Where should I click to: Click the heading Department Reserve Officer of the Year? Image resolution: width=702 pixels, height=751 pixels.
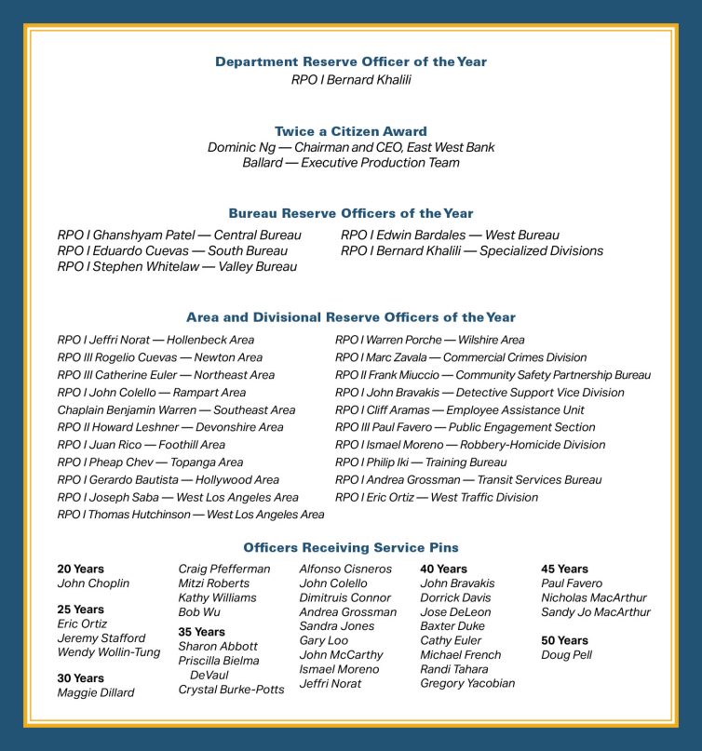(x=351, y=61)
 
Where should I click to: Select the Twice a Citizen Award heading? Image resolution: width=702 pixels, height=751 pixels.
(x=351, y=131)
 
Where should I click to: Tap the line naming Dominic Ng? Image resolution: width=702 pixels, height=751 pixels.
(x=351, y=147)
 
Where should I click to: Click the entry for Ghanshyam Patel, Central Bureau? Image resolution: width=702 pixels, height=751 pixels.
(x=179, y=235)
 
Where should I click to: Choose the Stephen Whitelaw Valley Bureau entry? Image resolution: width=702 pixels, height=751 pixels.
(x=177, y=266)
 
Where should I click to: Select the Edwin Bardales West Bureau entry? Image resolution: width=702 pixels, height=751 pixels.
(x=450, y=235)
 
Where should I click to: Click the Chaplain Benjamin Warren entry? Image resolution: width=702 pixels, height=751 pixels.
(x=176, y=409)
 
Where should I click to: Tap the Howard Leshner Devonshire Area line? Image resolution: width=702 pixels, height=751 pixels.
(x=170, y=427)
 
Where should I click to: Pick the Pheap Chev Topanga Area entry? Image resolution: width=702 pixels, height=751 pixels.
(x=150, y=462)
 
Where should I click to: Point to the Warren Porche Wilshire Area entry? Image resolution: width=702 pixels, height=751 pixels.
(x=429, y=340)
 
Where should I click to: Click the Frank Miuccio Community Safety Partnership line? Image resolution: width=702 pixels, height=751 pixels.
(x=493, y=375)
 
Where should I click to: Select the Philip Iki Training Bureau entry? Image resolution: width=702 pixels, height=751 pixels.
(x=421, y=462)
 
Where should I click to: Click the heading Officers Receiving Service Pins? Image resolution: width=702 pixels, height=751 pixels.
(x=351, y=548)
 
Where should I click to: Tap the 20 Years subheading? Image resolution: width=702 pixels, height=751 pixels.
(x=80, y=569)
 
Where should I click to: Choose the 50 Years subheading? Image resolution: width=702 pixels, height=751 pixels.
(x=564, y=640)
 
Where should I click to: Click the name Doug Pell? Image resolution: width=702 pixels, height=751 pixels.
(x=565, y=655)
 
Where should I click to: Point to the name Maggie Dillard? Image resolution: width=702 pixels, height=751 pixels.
(x=95, y=692)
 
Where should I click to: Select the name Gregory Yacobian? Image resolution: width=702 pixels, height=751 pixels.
(x=467, y=684)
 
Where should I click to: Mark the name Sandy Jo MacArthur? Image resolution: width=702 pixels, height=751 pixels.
(x=596, y=612)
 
